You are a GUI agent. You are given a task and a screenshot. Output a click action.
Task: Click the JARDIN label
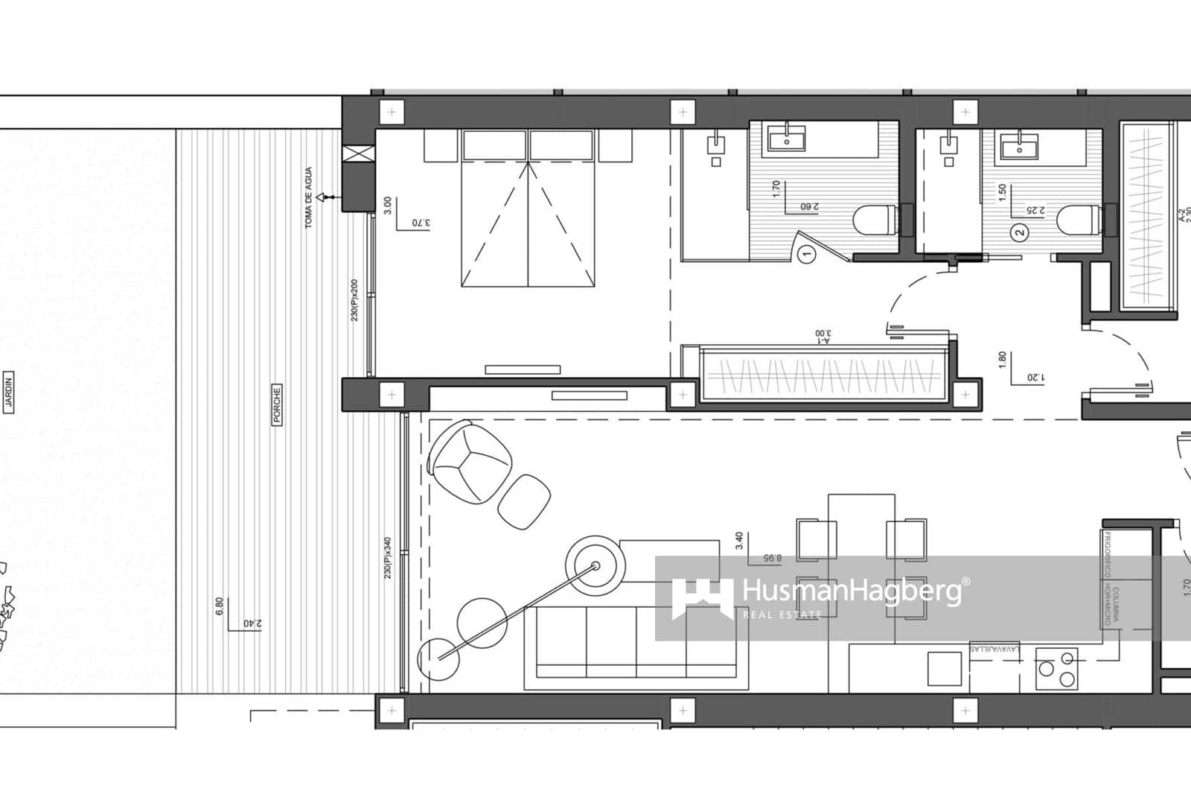10,392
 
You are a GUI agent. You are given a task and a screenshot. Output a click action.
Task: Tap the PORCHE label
277,404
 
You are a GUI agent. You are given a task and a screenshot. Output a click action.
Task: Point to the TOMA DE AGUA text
309,197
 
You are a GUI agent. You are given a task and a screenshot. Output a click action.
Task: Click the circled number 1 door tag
805,255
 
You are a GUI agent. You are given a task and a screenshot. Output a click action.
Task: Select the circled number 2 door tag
1021,232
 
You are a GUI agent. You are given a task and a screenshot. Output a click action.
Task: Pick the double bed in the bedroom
529,209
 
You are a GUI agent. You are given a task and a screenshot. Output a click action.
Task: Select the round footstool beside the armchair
524,502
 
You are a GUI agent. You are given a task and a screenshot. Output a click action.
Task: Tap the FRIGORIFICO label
1107,555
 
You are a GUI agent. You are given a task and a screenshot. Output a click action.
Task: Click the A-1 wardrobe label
822,338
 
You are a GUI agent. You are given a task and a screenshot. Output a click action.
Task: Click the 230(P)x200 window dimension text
355,300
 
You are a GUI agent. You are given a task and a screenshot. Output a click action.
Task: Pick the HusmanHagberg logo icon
702,598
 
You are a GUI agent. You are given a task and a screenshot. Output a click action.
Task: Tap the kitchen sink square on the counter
944,668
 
